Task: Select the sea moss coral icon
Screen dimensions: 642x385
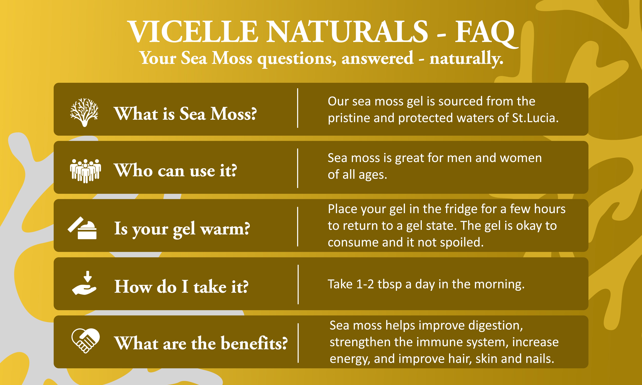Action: pos(84,112)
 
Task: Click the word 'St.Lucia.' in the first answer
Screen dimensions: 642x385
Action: pos(535,118)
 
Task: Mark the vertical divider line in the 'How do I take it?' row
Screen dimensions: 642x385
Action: pos(298,284)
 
